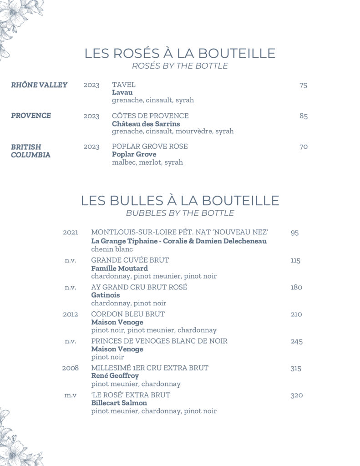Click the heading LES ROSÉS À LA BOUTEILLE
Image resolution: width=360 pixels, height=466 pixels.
click(180, 53)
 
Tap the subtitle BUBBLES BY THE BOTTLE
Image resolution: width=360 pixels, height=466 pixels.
click(180, 213)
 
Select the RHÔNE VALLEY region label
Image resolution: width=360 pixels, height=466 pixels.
click(39, 85)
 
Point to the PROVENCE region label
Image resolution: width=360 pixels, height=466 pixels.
click(31, 116)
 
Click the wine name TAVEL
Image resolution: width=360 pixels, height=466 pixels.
click(124, 85)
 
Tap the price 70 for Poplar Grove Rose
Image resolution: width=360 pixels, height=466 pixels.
click(304, 147)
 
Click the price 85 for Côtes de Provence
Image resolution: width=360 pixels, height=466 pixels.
click(304, 116)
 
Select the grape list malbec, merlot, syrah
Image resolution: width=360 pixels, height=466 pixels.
click(147, 162)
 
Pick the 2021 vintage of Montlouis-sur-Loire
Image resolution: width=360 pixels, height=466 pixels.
click(71, 233)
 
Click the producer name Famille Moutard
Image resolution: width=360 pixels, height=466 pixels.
click(120, 268)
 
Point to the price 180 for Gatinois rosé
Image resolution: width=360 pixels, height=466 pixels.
click(296, 287)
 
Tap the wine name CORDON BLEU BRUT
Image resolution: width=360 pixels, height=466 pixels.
click(128, 314)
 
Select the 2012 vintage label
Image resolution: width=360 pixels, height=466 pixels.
click(71, 314)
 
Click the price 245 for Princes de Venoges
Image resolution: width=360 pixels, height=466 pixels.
click(297, 341)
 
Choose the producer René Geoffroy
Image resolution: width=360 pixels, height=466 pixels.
click(115, 376)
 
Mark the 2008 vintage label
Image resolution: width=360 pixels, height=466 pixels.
click(71, 368)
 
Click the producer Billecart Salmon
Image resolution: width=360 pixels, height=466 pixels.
click(119, 403)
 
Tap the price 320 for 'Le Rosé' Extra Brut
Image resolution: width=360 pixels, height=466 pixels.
click(297, 395)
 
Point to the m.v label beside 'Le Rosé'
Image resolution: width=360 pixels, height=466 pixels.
click(71, 395)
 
